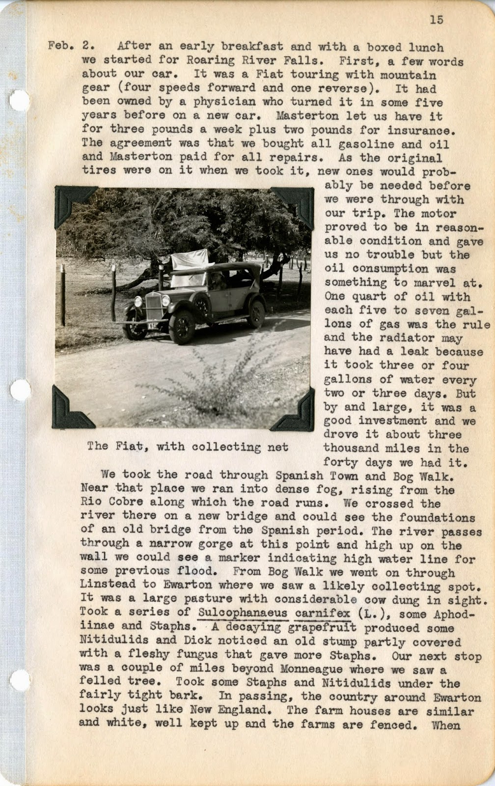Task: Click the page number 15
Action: point(436,20)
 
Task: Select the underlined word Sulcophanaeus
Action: point(243,613)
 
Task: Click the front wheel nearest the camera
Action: point(182,327)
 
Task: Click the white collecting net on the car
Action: point(189,259)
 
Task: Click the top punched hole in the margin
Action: point(19,100)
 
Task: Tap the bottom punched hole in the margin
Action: point(19,680)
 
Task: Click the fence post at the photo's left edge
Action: point(62,295)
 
